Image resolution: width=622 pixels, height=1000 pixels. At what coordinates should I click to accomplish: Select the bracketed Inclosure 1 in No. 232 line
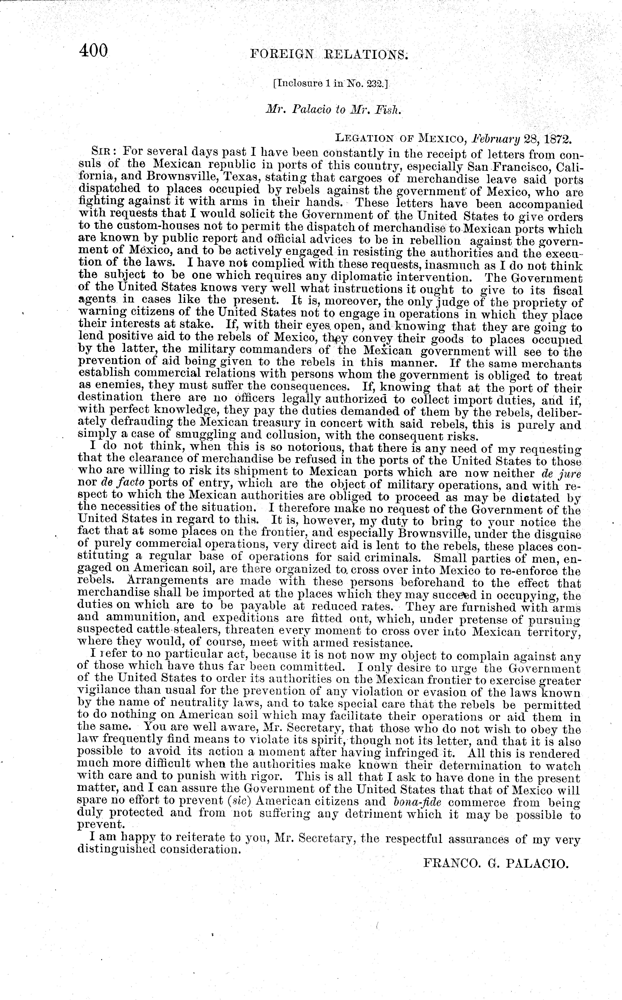[x=330, y=84]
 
